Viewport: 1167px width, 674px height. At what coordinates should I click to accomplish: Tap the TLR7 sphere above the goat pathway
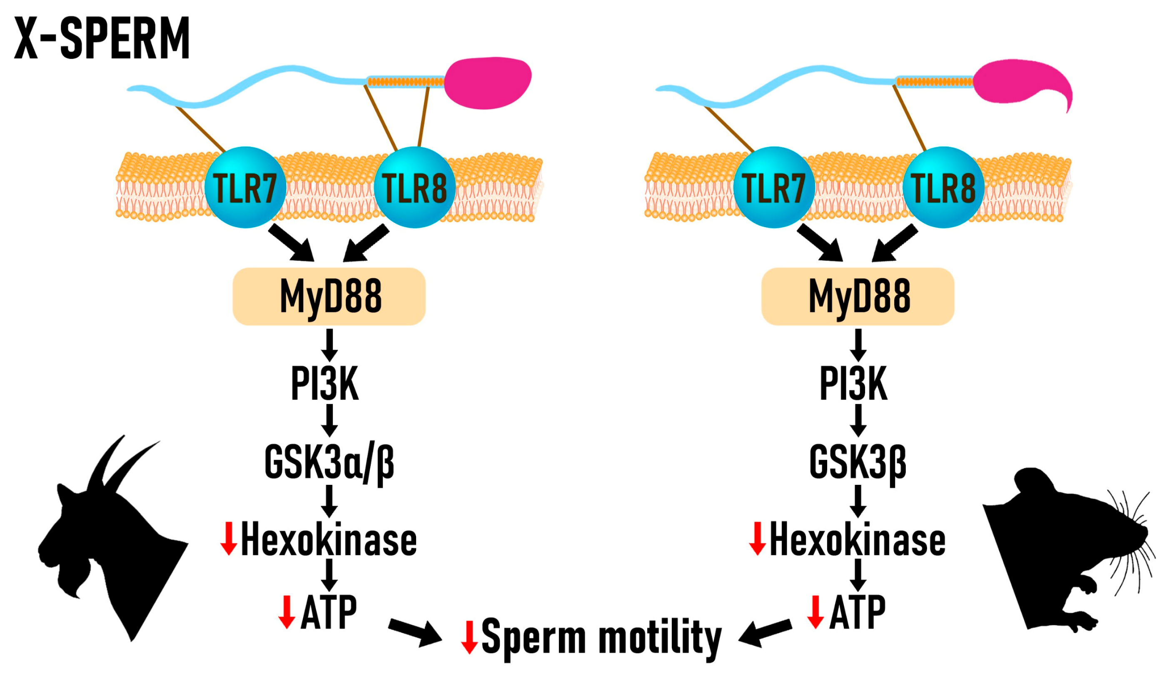pos(245,187)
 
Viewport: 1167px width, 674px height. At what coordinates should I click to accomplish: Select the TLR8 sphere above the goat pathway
pos(414,187)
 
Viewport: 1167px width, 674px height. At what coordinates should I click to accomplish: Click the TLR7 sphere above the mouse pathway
pos(774,187)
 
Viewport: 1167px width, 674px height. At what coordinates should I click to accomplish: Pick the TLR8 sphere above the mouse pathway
pos(943,187)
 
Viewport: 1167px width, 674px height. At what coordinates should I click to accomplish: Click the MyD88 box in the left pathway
pos(329,296)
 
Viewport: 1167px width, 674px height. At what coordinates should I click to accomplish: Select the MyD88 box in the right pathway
pos(858,296)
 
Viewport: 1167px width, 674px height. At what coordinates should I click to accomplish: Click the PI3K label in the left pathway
pos(325,384)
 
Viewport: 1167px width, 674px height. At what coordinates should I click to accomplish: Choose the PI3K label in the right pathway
pos(854,384)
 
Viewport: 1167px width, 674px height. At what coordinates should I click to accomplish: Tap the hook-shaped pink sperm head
pos(1018,83)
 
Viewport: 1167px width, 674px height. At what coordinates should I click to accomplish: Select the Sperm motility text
pos(601,638)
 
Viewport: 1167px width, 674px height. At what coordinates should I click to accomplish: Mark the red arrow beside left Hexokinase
pos(229,538)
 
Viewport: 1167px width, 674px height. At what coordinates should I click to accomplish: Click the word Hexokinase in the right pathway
pos(858,540)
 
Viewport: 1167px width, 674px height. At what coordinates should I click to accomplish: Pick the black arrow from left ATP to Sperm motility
pos(414,632)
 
